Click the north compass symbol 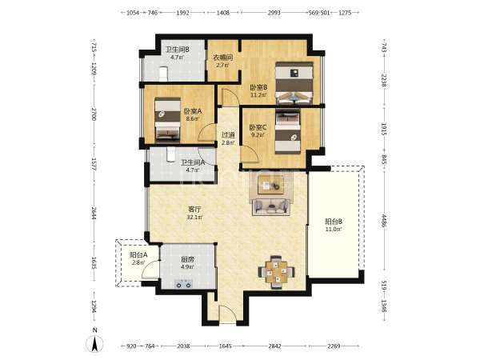point(94,344)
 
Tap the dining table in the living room point(276,272)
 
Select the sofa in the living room point(271,207)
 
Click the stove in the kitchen point(183,284)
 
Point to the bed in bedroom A point(167,120)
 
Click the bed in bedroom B point(294,83)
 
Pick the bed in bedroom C point(287,131)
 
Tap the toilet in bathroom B point(163,74)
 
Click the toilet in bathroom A point(170,154)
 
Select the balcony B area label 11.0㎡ point(333,229)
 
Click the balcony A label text point(138,255)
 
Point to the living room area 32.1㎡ point(194,217)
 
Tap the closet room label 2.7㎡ point(223,66)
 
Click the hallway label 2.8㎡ point(228,142)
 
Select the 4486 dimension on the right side point(384,221)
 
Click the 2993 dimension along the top point(274,13)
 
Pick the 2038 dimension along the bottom point(183,346)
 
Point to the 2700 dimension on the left point(94,114)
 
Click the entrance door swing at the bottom point(227,313)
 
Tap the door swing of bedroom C point(250,154)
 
